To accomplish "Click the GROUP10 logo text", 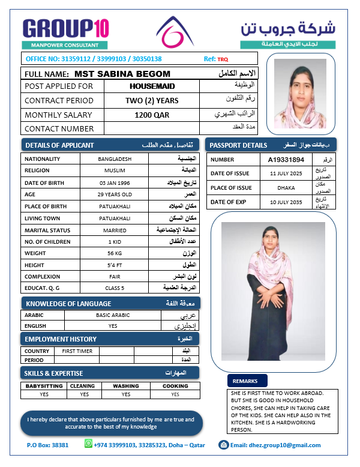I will pyautogui.click(x=65, y=29).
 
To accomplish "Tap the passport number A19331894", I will pyautogui.click(x=286, y=160).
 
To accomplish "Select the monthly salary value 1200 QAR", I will pyautogui.click(x=152, y=115).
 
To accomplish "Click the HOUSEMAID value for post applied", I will pyautogui.click(x=152, y=86).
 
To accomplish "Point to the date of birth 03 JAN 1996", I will pyautogui.click(x=114, y=182).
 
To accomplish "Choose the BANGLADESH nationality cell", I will pyautogui.click(x=114, y=159).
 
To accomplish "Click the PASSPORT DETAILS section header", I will pyautogui.click(x=271, y=145).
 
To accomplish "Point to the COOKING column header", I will pyautogui.click(x=175, y=386).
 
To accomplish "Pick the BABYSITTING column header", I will pyautogui.click(x=44, y=386).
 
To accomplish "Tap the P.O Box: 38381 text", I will pyautogui.click(x=48, y=445).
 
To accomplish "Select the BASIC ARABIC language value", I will pyautogui.click(x=113, y=315).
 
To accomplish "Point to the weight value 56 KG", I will pyautogui.click(x=114, y=253).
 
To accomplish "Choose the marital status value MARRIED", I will pyautogui.click(x=114, y=230).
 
